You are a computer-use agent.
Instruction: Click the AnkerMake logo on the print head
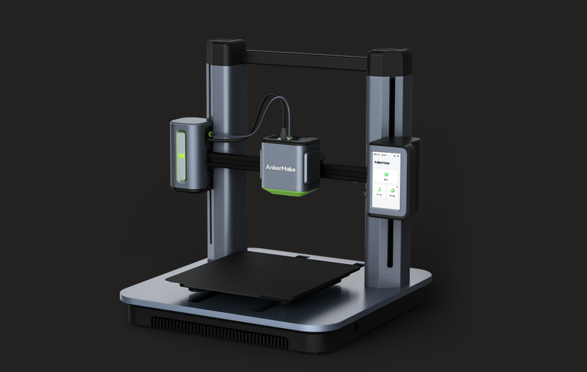[280, 168]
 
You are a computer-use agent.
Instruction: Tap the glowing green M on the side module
[182, 156]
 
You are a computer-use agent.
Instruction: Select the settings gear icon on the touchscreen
[393, 190]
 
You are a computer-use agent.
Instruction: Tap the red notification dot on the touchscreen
[397, 187]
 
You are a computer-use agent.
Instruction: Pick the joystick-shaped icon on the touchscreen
[379, 190]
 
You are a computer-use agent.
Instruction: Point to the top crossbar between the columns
[305, 59]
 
